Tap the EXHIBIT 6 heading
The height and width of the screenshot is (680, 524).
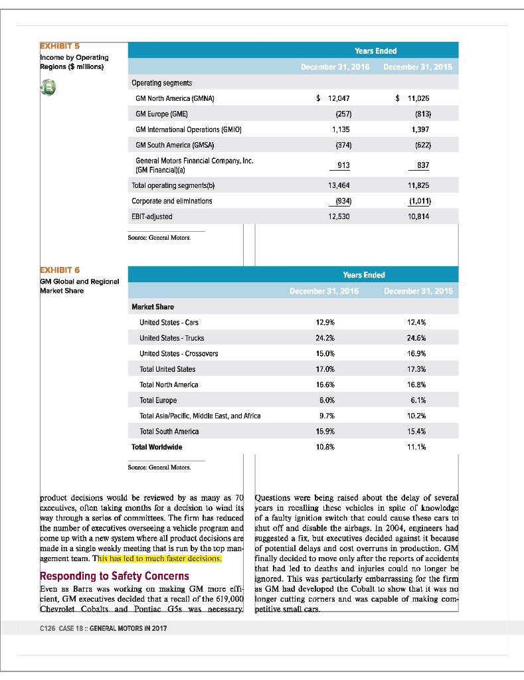59,270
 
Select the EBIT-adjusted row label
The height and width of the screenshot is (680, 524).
153,216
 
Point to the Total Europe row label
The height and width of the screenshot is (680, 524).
158,400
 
